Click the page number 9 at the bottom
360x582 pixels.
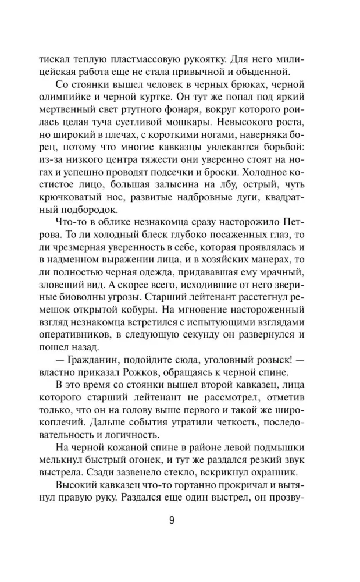pos(172,520)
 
